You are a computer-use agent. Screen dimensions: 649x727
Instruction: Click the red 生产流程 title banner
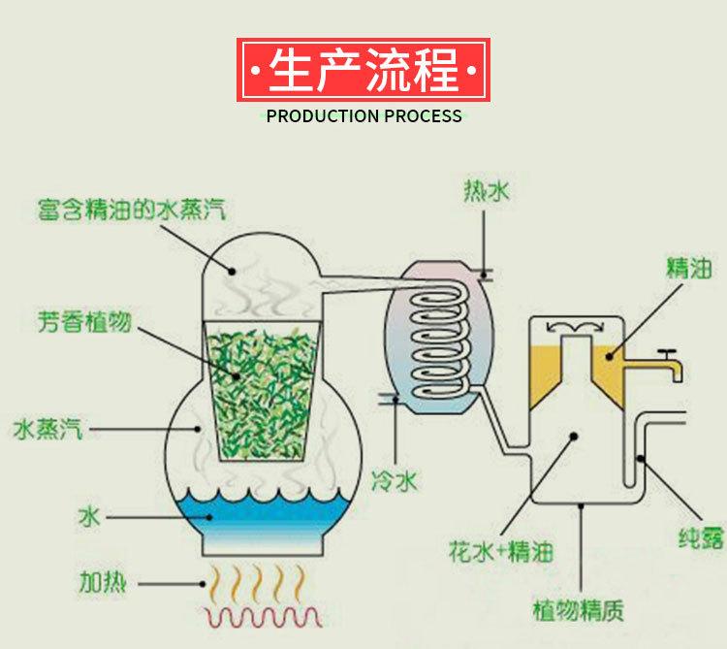[363, 71]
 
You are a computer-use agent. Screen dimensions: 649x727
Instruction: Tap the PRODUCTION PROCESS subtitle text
[363, 116]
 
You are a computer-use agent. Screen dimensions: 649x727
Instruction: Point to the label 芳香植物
[84, 319]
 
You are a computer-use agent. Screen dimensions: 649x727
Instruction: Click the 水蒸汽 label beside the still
[47, 428]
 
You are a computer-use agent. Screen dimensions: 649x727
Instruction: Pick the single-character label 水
[88, 517]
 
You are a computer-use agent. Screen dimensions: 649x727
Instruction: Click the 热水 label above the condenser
[485, 192]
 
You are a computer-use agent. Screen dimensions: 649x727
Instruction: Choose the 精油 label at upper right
[688, 268]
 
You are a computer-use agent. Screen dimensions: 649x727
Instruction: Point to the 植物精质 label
[578, 611]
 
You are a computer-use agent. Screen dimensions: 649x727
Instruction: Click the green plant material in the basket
[259, 388]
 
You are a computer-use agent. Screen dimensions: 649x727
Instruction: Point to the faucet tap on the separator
[669, 364]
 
